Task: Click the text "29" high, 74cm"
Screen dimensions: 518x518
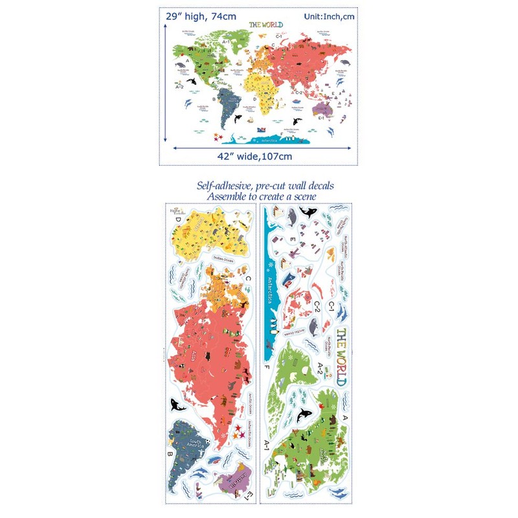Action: click(x=201, y=16)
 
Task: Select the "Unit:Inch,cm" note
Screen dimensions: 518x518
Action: click(x=326, y=16)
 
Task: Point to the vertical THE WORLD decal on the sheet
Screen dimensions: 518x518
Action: click(x=341, y=357)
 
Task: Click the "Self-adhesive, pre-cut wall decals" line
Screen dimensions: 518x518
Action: click(x=265, y=186)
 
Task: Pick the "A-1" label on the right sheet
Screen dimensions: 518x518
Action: click(x=267, y=444)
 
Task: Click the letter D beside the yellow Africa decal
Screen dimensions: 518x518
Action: click(x=177, y=219)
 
